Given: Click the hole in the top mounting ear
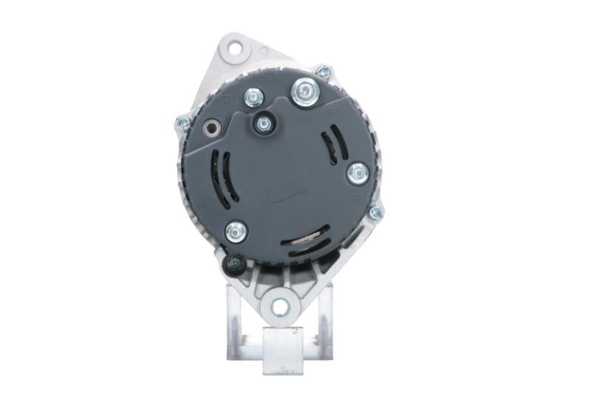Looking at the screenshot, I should pyautogui.click(x=236, y=49).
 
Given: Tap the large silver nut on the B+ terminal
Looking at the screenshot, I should pyautogui.click(x=304, y=92).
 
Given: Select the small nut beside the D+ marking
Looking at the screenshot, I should pyautogui.click(x=253, y=96).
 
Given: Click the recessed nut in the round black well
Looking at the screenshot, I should pyautogui.click(x=263, y=123).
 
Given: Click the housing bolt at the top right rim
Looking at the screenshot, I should pyautogui.click(x=323, y=72).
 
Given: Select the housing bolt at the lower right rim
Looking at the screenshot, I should pyautogui.click(x=375, y=213).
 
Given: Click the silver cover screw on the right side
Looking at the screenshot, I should pyautogui.click(x=358, y=173).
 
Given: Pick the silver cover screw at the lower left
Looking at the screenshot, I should pyautogui.click(x=236, y=232).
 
